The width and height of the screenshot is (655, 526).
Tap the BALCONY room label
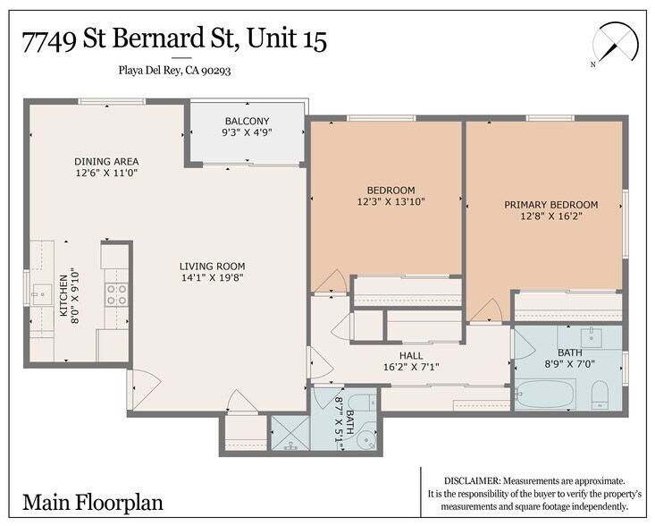tap(246, 122)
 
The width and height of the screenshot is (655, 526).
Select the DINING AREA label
tap(105, 162)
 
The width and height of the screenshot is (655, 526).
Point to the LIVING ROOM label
tap(212, 266)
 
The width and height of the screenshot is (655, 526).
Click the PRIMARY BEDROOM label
tap(550, 205)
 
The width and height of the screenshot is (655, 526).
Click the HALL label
tap(411, 355)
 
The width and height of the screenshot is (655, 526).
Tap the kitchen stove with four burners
tap(116, 294)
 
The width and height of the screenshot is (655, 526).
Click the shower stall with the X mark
tap(290, 433)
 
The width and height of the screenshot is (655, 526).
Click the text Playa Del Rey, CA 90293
tap(176, 70)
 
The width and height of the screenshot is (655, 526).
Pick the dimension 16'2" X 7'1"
tap(411, 367)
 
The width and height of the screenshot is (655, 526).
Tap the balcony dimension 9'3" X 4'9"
tap(246, 133)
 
